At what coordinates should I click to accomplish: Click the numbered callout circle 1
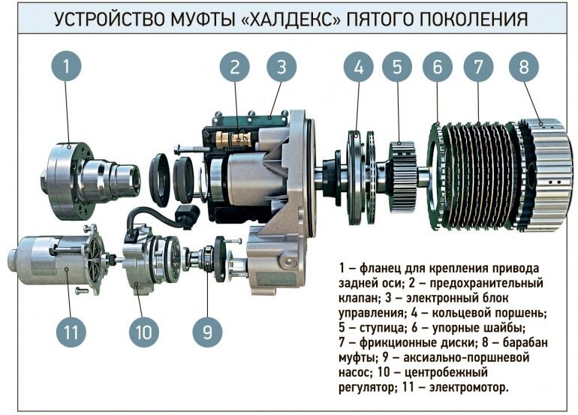click(66, 67)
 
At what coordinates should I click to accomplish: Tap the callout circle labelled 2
click(235, 67)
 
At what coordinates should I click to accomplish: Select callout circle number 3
click(281, 67)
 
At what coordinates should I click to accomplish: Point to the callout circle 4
click(359, 67)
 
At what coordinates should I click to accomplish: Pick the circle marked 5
click(397, 67)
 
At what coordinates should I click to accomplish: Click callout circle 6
click(437, 67)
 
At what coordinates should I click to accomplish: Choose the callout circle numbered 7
click(478, 67)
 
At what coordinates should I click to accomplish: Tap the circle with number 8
click(524, 67)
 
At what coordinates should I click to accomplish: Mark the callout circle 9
click(207, 332)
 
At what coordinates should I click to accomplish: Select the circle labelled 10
click(144, 332)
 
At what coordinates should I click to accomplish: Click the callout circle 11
click(71, 332)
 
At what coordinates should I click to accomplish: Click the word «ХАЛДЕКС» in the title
click(291, 20)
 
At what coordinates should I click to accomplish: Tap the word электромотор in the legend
click(469, 387)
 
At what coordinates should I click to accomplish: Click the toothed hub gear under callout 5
click(402, 176)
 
